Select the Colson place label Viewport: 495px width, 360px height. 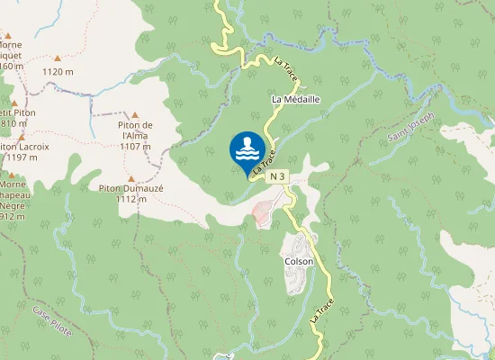tap(299, 262)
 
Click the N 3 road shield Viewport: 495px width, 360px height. tap(278, 177)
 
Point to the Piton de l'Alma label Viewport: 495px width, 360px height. tap(135, 130)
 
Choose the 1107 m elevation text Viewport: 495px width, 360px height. tap(135, 146)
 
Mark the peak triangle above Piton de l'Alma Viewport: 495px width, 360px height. tap(135, 115)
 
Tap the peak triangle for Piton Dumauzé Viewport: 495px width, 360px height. tap(130, 179)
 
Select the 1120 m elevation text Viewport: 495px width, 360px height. tap(58, 72)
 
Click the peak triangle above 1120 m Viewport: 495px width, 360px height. tap(58, 58)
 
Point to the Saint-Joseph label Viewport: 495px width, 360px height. tap(411, 130)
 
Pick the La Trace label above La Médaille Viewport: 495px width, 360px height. tap(291, 72)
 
